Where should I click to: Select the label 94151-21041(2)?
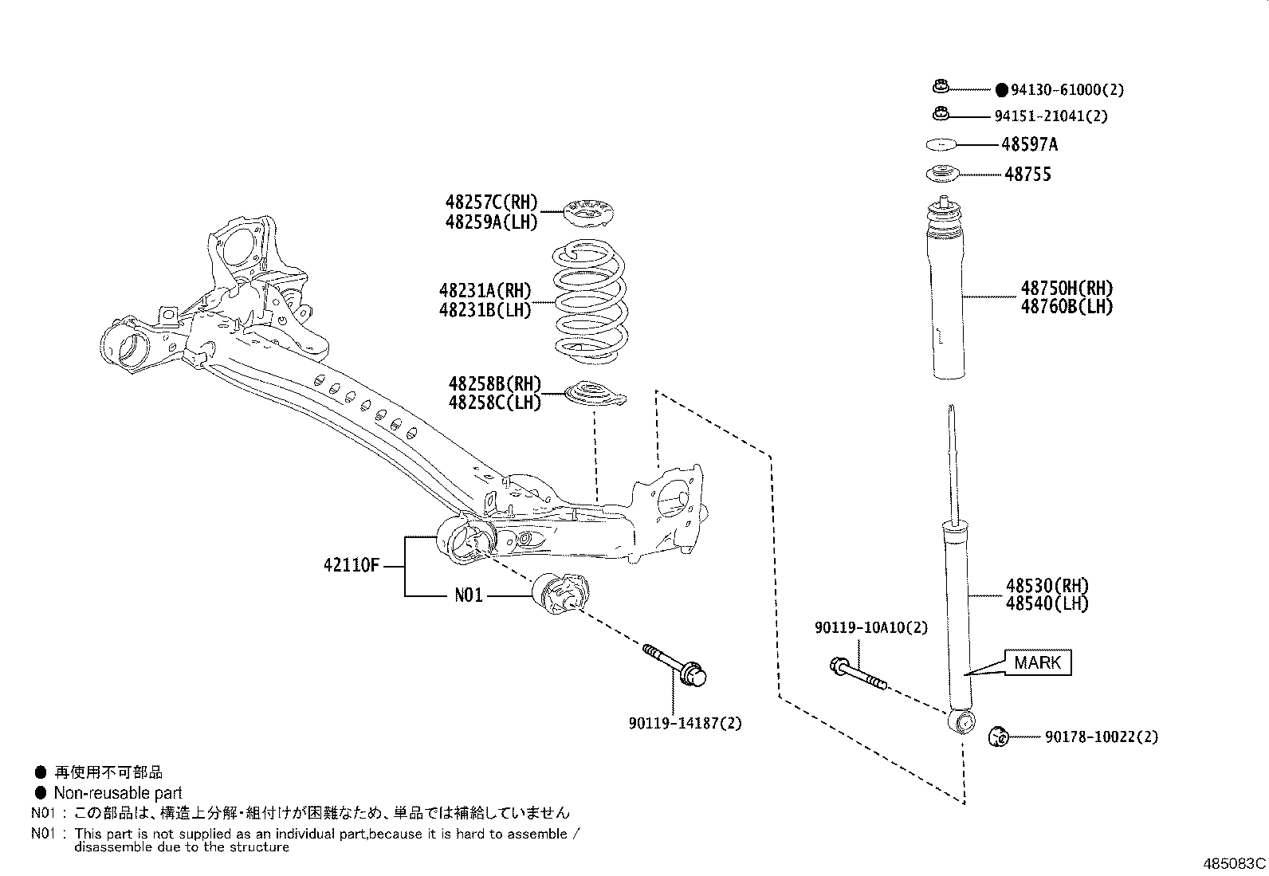click(x=1051, y=116)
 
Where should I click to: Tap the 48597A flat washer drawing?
click(x=941, y=145)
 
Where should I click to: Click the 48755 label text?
click(x=1027, y=175)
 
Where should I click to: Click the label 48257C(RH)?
click(x=492, y=202)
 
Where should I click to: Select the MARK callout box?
click(x=1037, y=662)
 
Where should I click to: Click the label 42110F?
click(x=351, y=566)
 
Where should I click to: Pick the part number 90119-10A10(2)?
click(x=871, y=628)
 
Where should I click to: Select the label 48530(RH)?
click(x=1047, y=586)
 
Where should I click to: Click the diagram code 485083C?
click(x=1234, y=864)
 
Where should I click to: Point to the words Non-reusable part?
click(x=117, y=793)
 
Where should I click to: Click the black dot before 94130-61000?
click(x=1002, y=91)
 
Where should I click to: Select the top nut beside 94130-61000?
click(x=940, y=86)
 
